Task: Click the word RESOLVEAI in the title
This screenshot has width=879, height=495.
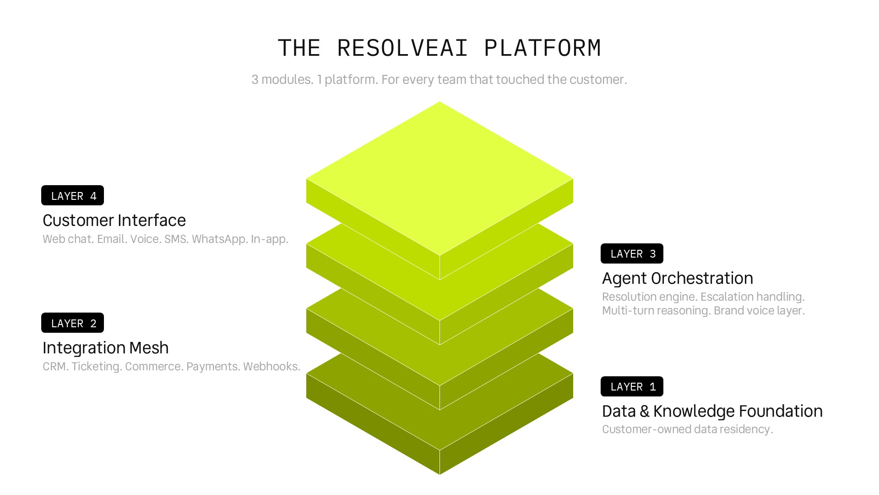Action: [402, 48]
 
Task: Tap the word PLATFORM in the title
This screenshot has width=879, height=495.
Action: [543, 48]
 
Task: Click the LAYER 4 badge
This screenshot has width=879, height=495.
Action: [72, 196]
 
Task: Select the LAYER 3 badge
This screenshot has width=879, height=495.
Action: [632, 253]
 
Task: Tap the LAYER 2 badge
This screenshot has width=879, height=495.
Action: [72, 323]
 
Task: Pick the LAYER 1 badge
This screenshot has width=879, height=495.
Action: [632, 386]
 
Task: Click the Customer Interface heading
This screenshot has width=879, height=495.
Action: [114, 220]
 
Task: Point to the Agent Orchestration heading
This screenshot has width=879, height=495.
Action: [678, 278]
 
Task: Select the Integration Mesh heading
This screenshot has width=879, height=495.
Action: [106, 348]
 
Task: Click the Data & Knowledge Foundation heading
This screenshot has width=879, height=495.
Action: [712, 411]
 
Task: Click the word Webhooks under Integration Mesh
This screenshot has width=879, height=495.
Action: [271, 367]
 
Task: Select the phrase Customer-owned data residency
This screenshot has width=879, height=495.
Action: [688, 429]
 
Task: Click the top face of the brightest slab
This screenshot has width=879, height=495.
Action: [439, 179]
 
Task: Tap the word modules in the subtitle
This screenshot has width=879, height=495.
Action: [287, 80]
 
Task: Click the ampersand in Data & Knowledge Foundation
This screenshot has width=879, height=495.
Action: [645, 412]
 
